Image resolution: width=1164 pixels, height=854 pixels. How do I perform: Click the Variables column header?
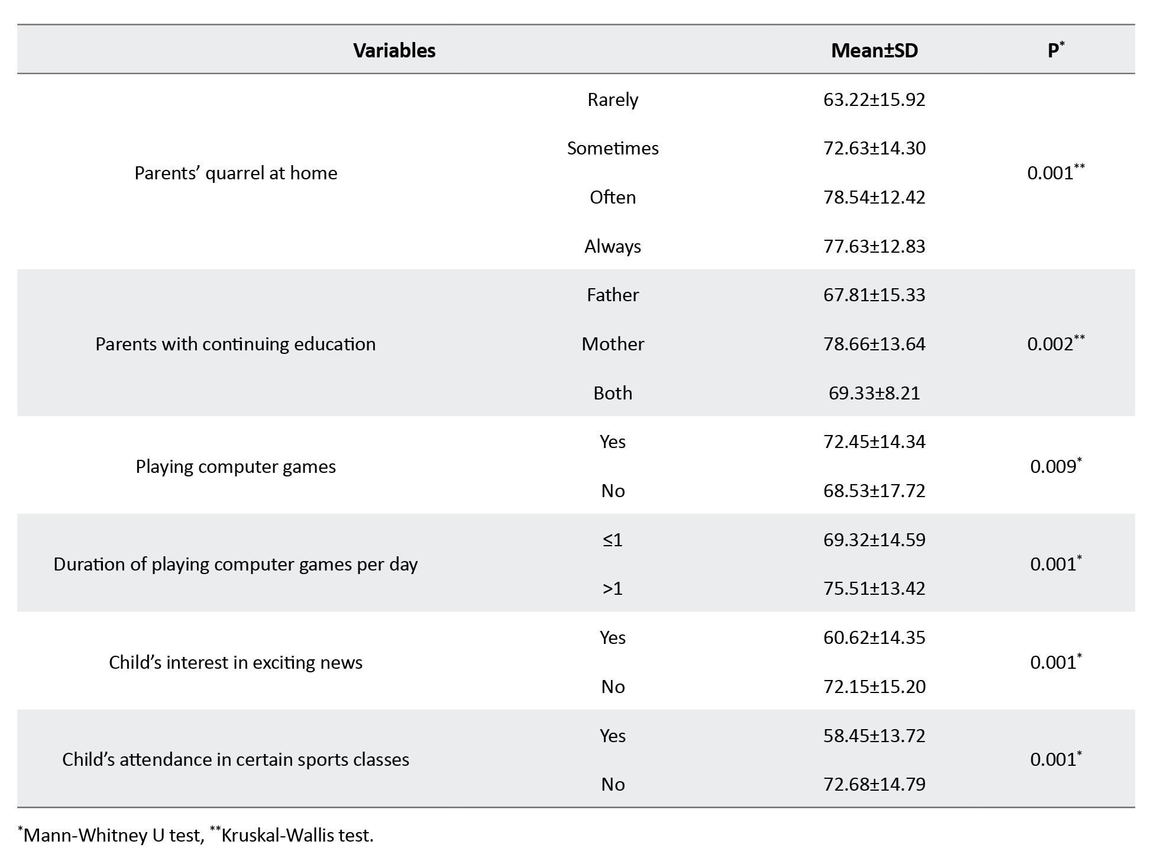tap(394, 50)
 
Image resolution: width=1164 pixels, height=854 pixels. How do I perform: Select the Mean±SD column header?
tap(874, 50)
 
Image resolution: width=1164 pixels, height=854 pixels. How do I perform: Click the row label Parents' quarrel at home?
tap(235, 173)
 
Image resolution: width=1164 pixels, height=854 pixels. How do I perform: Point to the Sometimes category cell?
tap(612, 148)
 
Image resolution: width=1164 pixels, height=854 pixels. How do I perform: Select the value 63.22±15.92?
tap(874, 99)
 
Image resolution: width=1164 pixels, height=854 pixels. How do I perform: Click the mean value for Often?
tap(874, 197)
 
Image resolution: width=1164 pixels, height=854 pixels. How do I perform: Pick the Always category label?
tap(612, 246)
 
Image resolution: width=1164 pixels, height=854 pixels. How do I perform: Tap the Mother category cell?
tap(612, 344)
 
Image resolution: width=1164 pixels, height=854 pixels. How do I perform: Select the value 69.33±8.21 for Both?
tap(874, 393)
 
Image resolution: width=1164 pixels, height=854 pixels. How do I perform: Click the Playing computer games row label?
tap(235, 466)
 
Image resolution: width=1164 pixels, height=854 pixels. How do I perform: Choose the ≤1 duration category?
tap(612, 540)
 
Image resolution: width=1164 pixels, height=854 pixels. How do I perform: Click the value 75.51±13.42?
tap(874, 588)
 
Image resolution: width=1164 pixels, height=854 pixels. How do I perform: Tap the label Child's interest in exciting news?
tap(235, 662)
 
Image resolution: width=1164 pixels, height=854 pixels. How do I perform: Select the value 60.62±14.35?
tap(874, 637)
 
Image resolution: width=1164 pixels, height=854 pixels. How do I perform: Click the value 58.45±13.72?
tap(874, 736)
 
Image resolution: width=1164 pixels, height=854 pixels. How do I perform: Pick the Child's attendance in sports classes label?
tap(235, 759)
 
